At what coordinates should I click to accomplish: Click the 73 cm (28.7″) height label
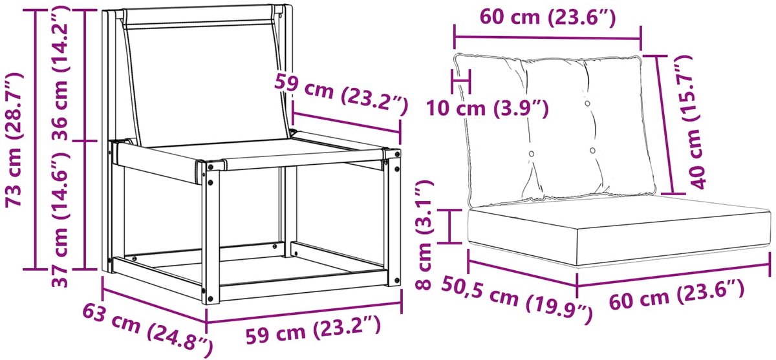point(14,140)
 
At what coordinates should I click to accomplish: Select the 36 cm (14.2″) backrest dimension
point(61,72)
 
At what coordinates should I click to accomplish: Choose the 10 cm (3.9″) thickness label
point(488,109)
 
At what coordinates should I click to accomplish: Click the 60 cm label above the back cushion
point(548,18)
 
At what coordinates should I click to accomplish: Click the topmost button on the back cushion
point(587,103)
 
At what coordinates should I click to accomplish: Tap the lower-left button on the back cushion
point(531,154)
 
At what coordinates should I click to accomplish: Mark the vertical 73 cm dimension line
point(36,140)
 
